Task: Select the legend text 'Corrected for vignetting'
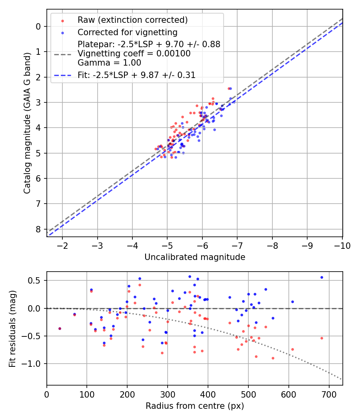pos(127,32)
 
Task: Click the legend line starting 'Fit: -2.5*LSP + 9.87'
pos(136,75)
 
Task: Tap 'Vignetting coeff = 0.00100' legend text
pos(134,54)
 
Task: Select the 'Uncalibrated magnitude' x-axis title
pos(194,257)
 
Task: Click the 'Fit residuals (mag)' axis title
pos(12,328)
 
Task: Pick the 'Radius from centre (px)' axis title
pos(194,406)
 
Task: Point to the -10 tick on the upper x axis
pos(342,246)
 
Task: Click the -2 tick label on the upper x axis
pos(62,246)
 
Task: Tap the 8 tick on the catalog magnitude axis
pos(38,229)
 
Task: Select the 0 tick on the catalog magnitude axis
pos(38,26)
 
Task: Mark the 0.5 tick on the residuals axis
pos(36,280)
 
